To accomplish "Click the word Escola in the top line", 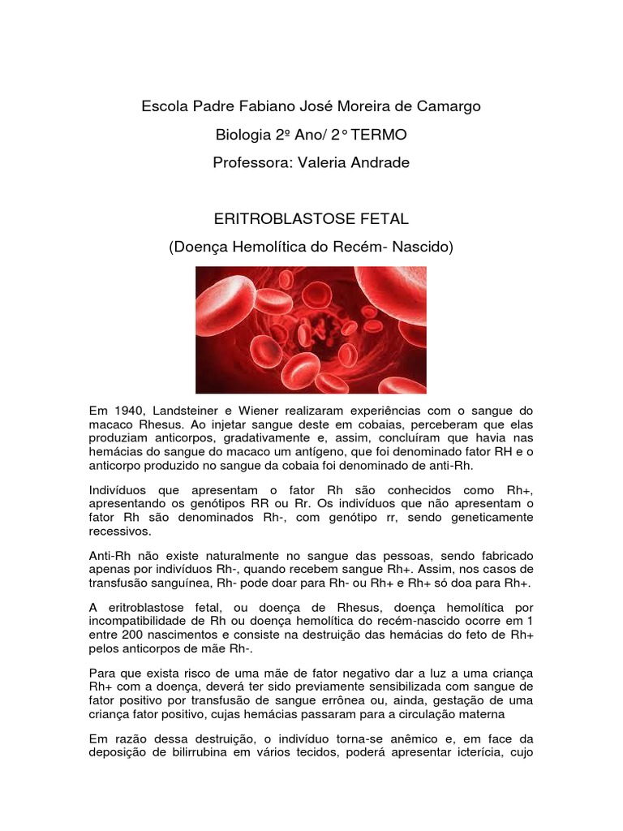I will [x=164, y=106].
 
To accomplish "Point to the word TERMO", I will [x=376, y=135].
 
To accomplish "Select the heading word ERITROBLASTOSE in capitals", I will [x=284, y=219].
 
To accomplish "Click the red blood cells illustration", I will [x=311, y=329].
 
